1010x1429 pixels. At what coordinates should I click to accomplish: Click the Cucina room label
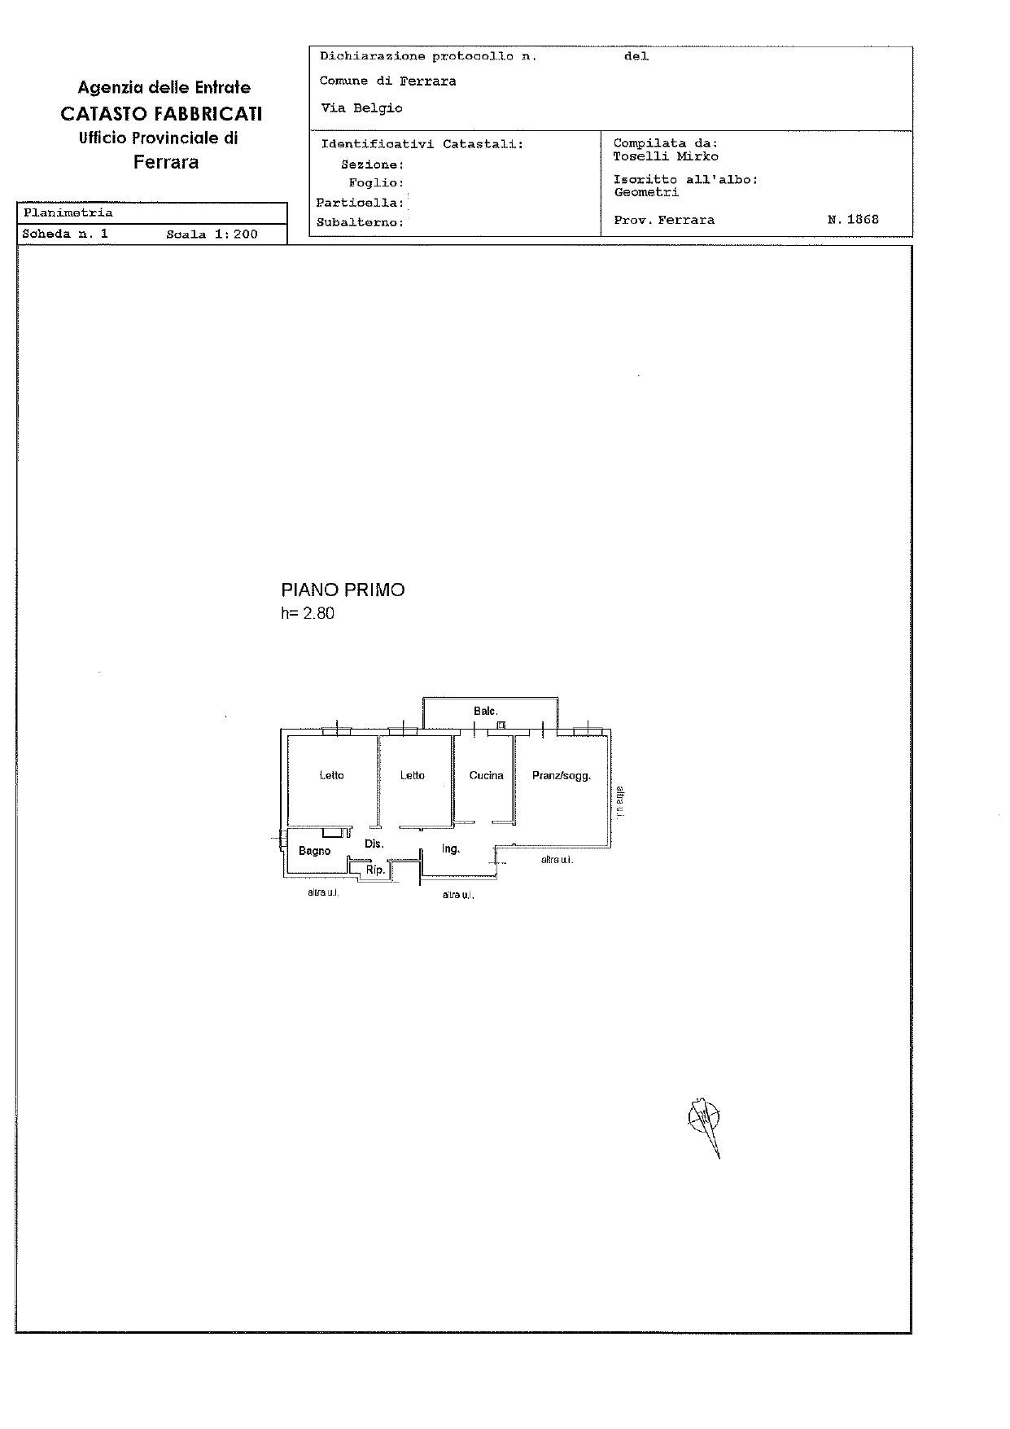(x=486, y=776)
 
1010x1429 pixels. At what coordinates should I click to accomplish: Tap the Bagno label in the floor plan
(x=314, y=851)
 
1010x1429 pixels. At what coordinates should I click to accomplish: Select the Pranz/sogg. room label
(x=561, y=776)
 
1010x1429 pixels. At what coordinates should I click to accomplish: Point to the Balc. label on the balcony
(x=485, y=712)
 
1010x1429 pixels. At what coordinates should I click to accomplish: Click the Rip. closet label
(x=374, y=870)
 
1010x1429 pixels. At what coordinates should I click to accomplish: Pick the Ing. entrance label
(x=451, y=849)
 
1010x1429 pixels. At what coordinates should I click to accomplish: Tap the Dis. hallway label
(x=374, y=844)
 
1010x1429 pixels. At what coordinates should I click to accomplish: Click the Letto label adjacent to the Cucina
(x=412, y=776)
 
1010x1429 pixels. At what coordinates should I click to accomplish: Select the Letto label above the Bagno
(x=331, y=776)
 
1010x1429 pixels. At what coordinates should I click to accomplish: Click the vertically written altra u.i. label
(x=619, y=801)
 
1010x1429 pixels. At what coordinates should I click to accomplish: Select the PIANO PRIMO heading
(x=343, y=590)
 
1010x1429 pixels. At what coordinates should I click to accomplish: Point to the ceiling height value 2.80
(x=318, y=614)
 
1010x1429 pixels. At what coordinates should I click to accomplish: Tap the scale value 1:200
(x=236, y=235)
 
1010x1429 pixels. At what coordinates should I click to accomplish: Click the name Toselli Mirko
(x=665, y=156)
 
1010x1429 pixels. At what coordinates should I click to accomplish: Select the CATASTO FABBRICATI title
(x=161, y=113)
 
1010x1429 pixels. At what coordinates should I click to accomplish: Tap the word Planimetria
(x=68, y=213)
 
